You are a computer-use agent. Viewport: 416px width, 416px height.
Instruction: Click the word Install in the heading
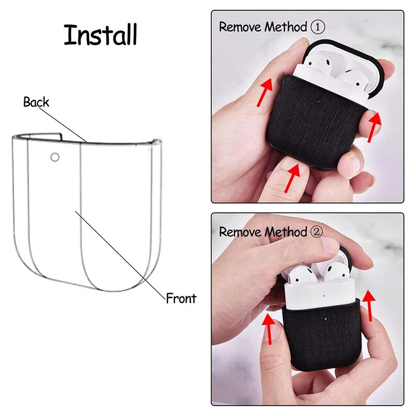coord(100,35)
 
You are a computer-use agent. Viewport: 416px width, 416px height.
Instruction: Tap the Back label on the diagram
coord(36,102)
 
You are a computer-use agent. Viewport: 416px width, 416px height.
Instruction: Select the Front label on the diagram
coord(181,298)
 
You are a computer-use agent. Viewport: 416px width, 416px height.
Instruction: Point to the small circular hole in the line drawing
coord(55,157)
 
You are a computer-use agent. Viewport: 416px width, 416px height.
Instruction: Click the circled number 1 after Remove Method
coord(317,27)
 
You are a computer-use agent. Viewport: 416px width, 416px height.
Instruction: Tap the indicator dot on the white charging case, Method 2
coord(324,296)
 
